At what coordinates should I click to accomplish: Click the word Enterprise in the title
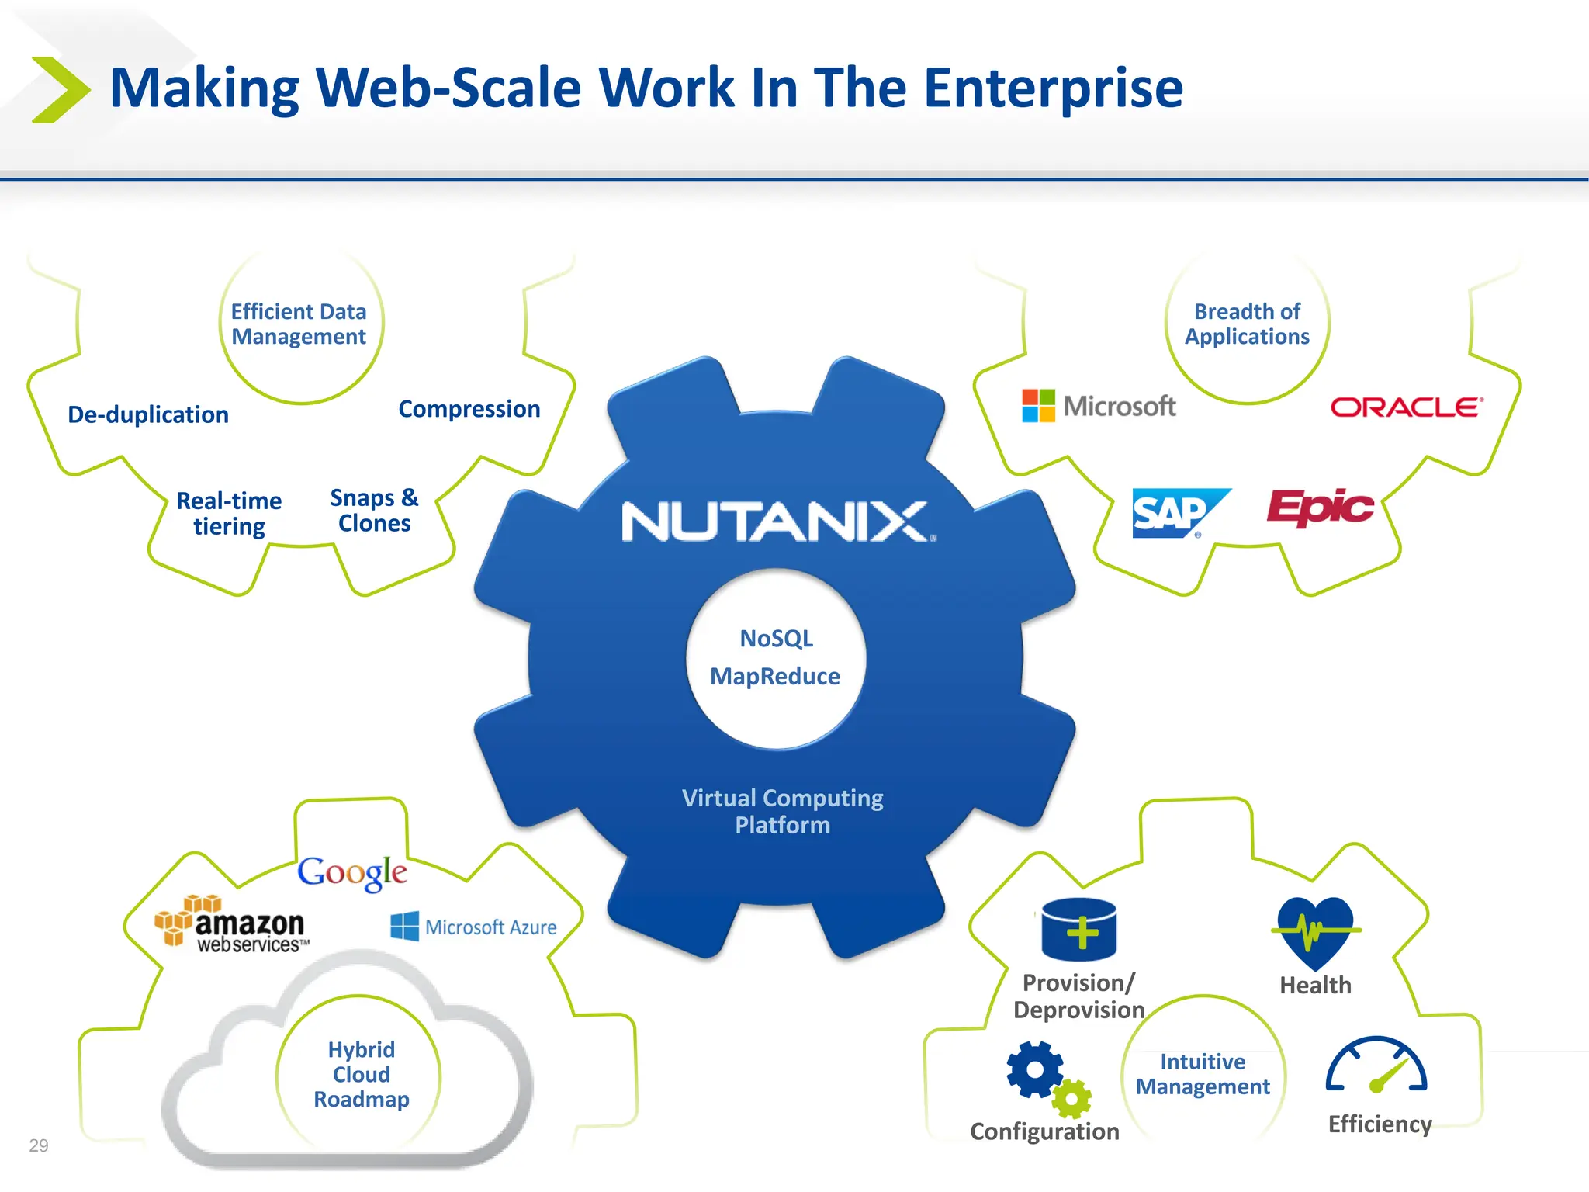click(1053, 88)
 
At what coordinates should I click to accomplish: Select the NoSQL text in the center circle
click(776, 639)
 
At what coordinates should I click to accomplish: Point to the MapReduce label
click(775, 677)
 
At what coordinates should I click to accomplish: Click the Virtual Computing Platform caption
click(782, 812)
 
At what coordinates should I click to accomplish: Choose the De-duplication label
click(148, 414)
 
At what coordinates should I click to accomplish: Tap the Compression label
click(469, 409)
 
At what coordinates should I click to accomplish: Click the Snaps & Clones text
click(374, 510)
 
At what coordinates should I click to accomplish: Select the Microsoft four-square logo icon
click(1038, 406)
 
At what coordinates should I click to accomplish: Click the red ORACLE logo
click(1407, 407)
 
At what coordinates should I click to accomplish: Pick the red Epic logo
click(1321, 508)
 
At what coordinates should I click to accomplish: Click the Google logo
click(352, 872)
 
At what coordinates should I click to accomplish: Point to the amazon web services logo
click(232, 925)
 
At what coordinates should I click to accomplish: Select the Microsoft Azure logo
click(474, 927)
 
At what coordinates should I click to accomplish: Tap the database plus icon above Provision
click(1078, 930)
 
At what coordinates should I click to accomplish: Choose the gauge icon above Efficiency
click(1376, 1066)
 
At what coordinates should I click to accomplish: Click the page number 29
click(39, 1145)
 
